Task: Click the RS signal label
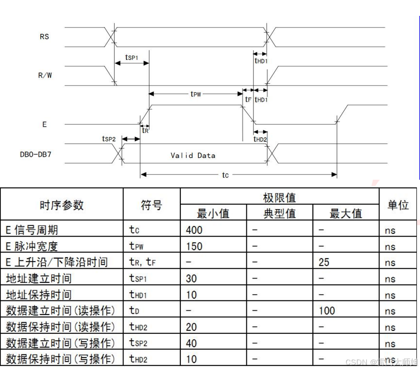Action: tap(44, 37)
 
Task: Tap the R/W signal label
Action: tap(45, 75)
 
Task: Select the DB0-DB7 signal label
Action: tap(35, 155)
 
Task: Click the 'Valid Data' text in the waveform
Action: tap(193, 155)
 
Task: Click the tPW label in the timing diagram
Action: tap(196, 94)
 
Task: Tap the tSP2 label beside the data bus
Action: tap(108, 139)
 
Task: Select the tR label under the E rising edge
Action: tap(145, 130)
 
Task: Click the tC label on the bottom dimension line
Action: tap(225, 175)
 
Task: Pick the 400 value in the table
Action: tap(194, 229)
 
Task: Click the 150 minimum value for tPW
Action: tap(194, 246)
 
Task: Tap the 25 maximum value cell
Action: tap(324, 263)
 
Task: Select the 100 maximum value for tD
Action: tap(327, 311)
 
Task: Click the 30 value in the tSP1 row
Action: tap(191, 278)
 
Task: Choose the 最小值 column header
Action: tap(213, 214)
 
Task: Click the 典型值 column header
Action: tap(279, 214)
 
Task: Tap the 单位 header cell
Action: tap(398, 205)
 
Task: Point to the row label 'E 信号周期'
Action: tap(32, 229)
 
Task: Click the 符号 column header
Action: tap(151, 205)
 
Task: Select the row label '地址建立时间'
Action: tap(39, 278)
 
